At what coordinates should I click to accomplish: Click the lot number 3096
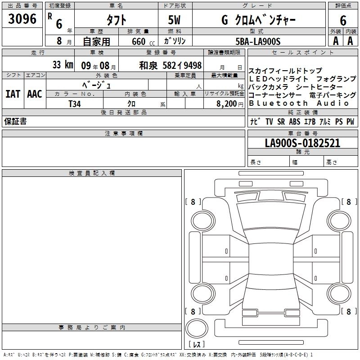click(22, 19)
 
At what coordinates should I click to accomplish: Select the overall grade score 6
click(343, 20)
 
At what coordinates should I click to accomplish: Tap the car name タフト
click(117, 20)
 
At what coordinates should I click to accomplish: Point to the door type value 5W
click(174, 20)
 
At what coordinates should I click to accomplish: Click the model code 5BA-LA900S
click(258, 41)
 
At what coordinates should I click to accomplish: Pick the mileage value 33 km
click(63, 64)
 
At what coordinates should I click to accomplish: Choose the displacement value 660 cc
click(143, 41)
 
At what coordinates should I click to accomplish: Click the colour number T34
click(75, 104)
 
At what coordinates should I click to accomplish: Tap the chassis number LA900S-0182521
click(302, 143)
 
